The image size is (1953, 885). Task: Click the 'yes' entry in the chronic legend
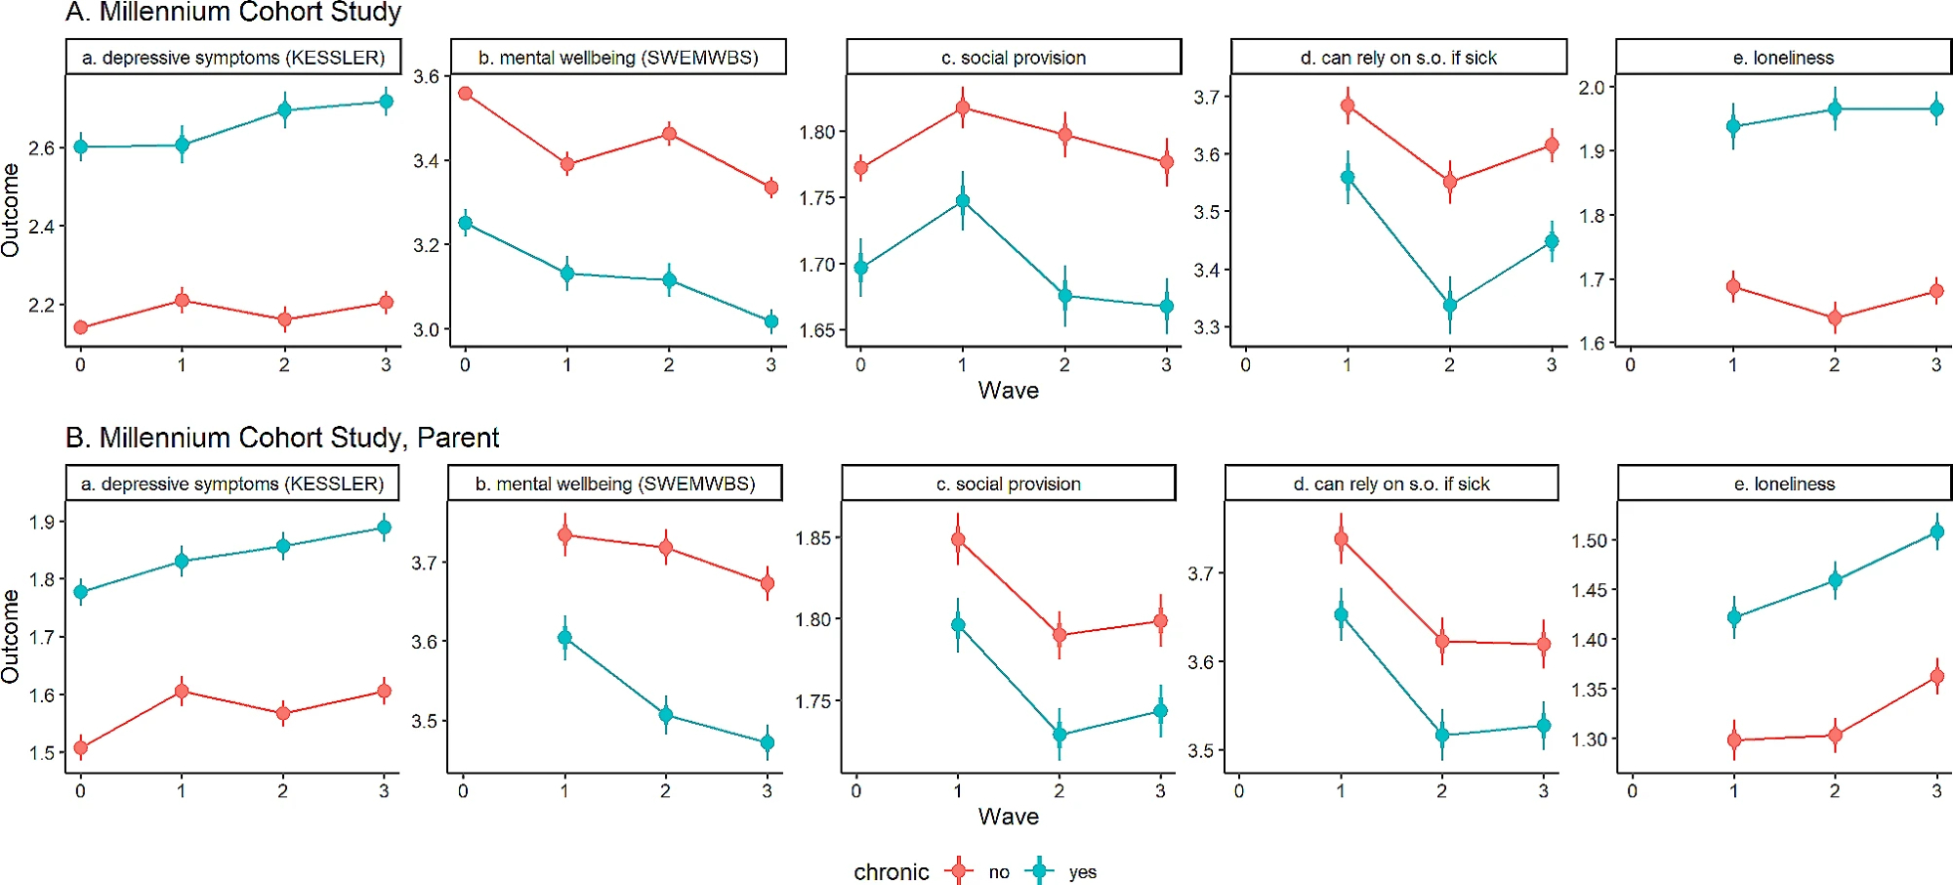point(1082,872)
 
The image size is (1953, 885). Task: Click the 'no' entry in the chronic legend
point(998,872)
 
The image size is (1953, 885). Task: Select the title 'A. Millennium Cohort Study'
point(233,13)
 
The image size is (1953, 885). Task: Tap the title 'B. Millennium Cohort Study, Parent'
point(282,438)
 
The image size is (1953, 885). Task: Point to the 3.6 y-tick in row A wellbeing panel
point(426,76)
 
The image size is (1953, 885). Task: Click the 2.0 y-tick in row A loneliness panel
point(1592,88)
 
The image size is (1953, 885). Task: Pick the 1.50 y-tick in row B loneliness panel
point(1588,541)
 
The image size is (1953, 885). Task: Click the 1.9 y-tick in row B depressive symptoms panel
point(41,523)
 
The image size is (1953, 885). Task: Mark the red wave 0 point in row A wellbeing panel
point(466,94)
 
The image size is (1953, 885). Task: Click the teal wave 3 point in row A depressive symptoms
point(386,102)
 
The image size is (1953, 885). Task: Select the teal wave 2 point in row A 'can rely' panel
point(1450,305)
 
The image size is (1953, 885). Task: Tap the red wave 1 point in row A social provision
point(963,107)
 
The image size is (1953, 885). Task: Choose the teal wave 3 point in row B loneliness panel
point(1937,532)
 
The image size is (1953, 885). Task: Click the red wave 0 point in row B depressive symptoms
point(81,748)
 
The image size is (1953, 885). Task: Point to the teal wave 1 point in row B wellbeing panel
point(564,638)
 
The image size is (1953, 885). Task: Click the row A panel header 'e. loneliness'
point(1783,58)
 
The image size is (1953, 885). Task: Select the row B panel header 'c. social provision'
point(1008,484)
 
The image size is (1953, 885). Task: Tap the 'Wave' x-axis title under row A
point(1008,391)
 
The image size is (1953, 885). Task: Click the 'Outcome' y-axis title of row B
point(11,636)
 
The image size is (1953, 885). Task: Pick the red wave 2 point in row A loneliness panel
point(1835,317)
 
